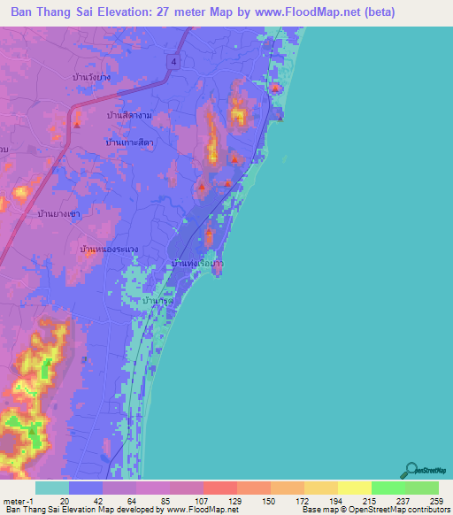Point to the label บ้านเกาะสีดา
(x=129, y=142)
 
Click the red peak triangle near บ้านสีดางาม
(x=77, y=123)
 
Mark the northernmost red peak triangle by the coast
(x=275, y=88)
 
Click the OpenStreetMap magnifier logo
(x=411, y=470)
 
